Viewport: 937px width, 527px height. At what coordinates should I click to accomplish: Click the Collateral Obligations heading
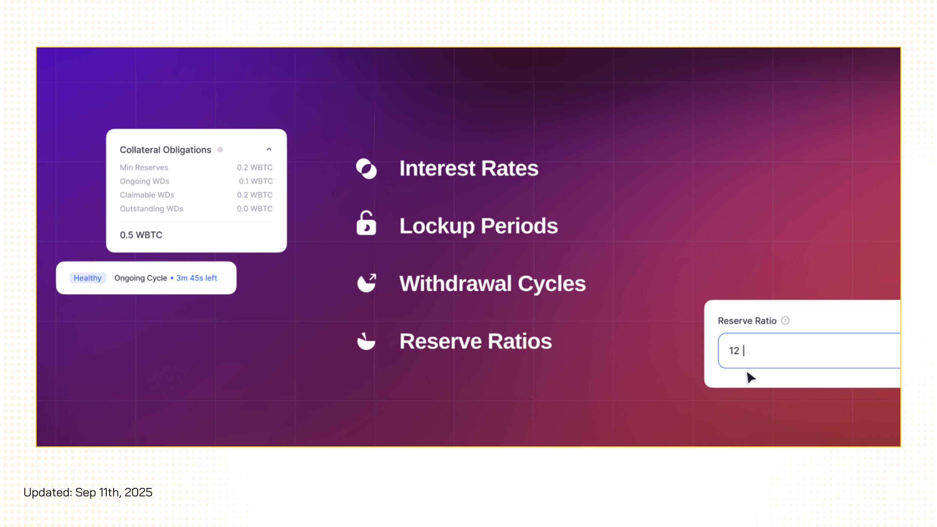pos(165,150)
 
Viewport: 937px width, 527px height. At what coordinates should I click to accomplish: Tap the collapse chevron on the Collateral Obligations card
pos(269,149)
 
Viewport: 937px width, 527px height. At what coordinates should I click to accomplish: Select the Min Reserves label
pos(144,168)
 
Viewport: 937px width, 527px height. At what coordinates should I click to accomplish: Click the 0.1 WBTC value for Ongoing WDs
pos(256,181)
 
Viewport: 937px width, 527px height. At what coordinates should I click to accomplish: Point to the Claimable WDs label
pos(147,195)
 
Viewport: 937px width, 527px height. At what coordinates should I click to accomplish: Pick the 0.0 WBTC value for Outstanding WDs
pos(254,209)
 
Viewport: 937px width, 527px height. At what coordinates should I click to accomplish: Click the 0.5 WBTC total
pos(141,235)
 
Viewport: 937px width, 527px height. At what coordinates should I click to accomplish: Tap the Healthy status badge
pos(88,278)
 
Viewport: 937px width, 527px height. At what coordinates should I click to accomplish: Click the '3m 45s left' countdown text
pos(197,278)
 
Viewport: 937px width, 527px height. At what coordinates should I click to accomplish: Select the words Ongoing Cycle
pos(141,278)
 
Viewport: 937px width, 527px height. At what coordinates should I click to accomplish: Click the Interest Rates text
pos(469,168)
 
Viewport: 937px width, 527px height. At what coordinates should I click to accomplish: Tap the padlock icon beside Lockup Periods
pos(366,223)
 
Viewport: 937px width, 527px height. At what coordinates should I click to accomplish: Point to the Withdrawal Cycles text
pos(492,284)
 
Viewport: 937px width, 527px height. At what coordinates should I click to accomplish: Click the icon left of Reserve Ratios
pos(366,341)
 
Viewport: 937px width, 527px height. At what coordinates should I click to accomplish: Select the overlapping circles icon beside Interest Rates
pos(366,169)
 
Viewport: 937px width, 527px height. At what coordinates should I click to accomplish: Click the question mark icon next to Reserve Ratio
pos(785,320)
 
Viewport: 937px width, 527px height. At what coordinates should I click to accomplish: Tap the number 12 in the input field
pos(734,351)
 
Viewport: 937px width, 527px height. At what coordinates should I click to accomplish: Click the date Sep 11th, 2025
pos(114,493)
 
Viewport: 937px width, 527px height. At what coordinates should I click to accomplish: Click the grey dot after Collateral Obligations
pos(220,150)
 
